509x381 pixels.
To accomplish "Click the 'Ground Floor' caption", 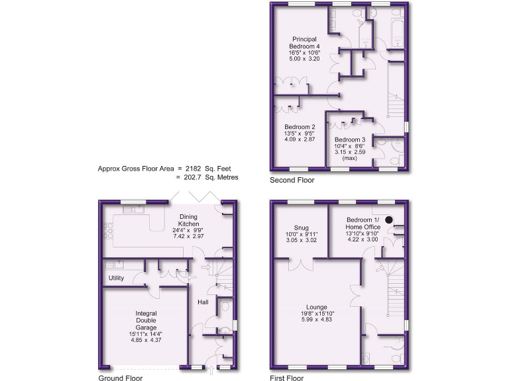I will click(x=121, y=378).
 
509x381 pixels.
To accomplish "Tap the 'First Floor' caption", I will click(x=286, y=378).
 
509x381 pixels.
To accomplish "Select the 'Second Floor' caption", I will click(x=292, y=179).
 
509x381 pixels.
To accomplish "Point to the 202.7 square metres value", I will click(x=199, y=177).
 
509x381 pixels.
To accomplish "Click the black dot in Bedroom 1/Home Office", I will click(x=390, y=220).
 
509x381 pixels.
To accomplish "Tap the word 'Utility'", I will click(x=117, y=278).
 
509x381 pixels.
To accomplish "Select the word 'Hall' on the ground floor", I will click(x=203, y=302).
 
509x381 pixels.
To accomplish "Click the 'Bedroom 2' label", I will click(x=300, y=127).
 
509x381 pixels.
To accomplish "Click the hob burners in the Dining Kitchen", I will click(x=109, y=232).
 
